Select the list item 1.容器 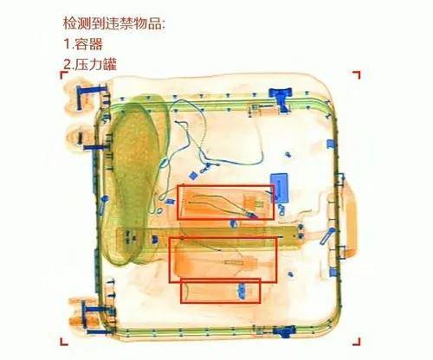pos(83,44)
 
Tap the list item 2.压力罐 pos(90,64)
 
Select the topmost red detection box pos(225,186)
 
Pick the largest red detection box pos(223,238)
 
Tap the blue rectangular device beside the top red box pos(279,188)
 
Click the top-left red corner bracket pos(63,74)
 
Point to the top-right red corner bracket pos(358,74)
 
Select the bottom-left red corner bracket pos(63,343)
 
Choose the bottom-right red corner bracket pos(358,343)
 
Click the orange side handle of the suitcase pos(351,219)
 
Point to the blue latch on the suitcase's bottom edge pos(284,331)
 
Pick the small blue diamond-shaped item pos(192,175)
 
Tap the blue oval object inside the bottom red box pos(242,291)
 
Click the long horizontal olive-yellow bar pos(207,238)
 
